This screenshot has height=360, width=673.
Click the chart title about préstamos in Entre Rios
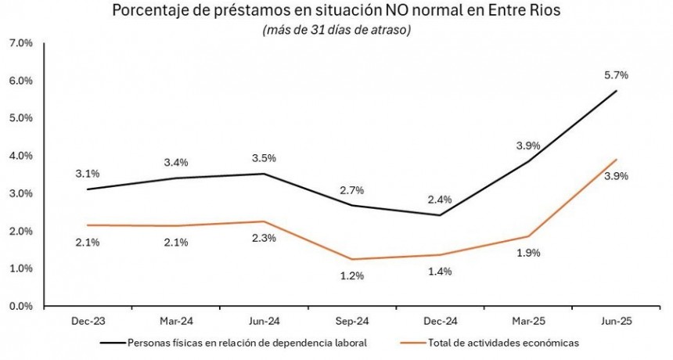[336, 11]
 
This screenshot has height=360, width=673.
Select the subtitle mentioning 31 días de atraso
[336, 30]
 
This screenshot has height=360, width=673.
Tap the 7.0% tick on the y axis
[20, 43]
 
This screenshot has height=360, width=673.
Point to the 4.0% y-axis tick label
[20, 156]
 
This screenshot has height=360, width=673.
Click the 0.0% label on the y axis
[20, 306]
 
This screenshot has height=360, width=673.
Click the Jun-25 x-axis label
[615, 322]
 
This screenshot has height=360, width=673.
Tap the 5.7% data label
[615, 75]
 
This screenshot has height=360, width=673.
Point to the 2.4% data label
[441, 199]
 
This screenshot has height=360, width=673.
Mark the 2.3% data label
[264, 238]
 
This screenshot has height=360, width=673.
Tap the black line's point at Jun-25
[616, 91]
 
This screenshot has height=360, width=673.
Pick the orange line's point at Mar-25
[529, 236]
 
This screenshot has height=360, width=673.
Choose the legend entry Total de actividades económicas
[491, 342]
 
